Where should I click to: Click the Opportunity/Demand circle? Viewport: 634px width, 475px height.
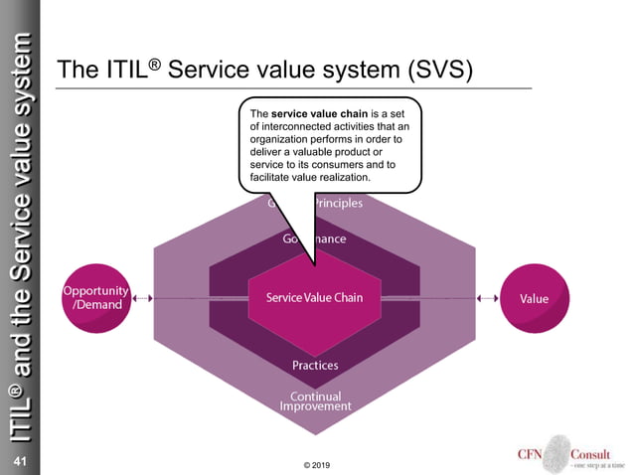(96, 297)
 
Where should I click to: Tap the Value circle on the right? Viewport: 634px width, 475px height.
(535, 298)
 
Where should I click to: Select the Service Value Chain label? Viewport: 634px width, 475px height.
(314, 298)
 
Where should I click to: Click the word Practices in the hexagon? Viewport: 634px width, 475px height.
(315, 365)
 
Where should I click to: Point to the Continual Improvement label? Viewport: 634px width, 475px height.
(315, 401)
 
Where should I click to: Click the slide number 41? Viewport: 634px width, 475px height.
(19, 461)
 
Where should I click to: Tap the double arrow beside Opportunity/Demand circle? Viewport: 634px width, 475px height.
(143, 297)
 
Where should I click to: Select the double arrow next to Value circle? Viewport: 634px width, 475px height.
(487, 297)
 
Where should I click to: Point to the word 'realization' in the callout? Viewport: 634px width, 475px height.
(341, 177)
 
